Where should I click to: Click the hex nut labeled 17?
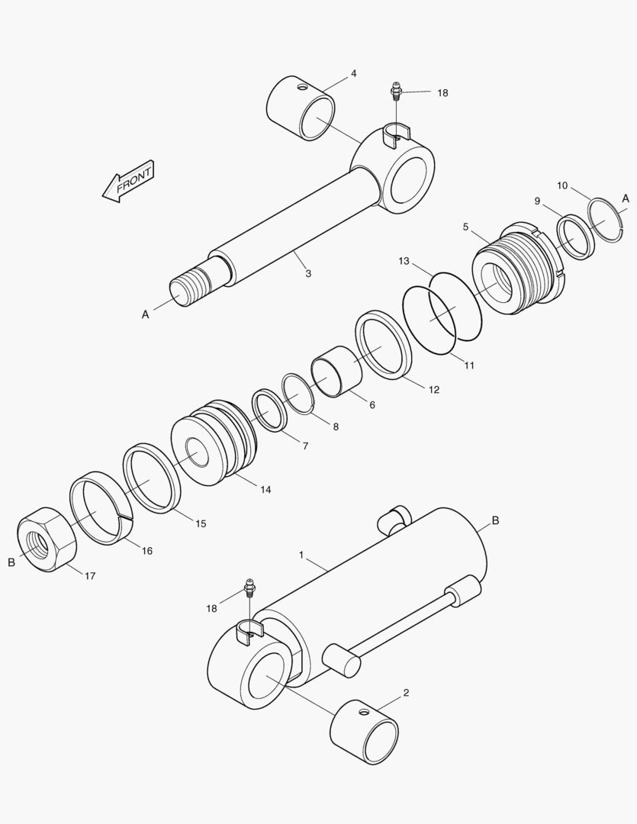coord(47,540)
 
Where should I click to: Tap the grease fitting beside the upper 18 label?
coord(396,92)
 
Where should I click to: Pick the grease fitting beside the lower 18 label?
coord(249,591)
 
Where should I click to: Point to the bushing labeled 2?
coord(365,731)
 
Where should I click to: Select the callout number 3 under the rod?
coord(308,273)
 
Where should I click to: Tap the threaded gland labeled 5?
coord(519,268)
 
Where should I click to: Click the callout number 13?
coord(404,261)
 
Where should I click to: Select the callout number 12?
coord(433,389)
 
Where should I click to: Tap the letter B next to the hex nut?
coord(11,562)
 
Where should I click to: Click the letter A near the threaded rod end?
coord(145,314)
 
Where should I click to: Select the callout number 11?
coord(469,365)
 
